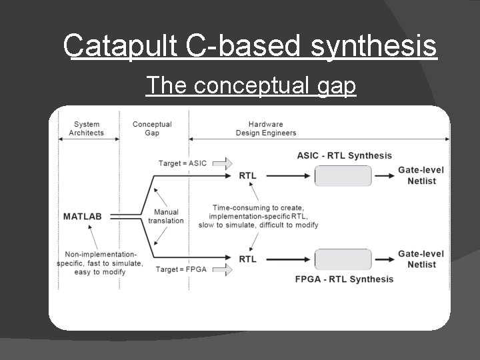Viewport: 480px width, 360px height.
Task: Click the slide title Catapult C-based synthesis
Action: coord(250,46)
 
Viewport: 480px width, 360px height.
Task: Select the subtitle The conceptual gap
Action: coord(251,85)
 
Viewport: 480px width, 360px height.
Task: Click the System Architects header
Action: coord(87,129)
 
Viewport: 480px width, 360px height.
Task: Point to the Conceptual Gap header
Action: coord(152,129)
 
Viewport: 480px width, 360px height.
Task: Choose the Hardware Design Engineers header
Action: coord(265,129)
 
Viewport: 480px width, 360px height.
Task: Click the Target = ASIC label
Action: coord(182,163)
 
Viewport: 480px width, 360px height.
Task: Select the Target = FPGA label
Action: coord(181,269)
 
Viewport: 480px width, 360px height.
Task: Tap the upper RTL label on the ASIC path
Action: coord(247,176)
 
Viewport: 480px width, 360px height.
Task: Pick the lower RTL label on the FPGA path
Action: coord(247,259)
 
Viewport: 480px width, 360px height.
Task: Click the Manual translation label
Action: coord(166,217)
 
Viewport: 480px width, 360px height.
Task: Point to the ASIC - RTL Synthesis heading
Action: coord(344,156)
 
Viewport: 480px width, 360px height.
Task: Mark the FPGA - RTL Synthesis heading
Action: coord(344,279)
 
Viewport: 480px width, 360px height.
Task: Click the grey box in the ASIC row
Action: coord(343,176)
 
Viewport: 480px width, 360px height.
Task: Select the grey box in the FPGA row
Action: coord(343,259)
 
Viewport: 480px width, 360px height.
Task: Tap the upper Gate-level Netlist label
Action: coord(421,175)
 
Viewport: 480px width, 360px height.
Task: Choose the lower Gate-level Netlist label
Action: coord(421,259)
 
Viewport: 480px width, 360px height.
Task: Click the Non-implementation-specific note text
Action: coord(101,263)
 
